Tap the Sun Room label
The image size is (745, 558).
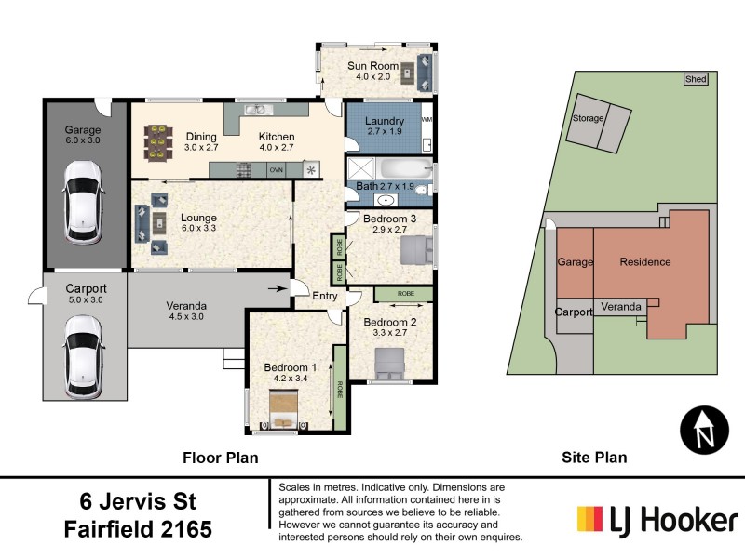coord(372,66)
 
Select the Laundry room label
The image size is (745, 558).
coord(384,122)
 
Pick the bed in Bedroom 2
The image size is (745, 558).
coord(389,362)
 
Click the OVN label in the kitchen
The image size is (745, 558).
coord(276,171)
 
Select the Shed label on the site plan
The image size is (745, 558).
coord(695,80)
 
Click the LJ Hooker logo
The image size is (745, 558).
coord(657,517)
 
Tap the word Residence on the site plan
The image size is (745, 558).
coord(645,262)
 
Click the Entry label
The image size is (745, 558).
coord(325,296)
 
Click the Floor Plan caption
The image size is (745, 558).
coord(219,458)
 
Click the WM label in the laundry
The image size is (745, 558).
coord(427,120)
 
